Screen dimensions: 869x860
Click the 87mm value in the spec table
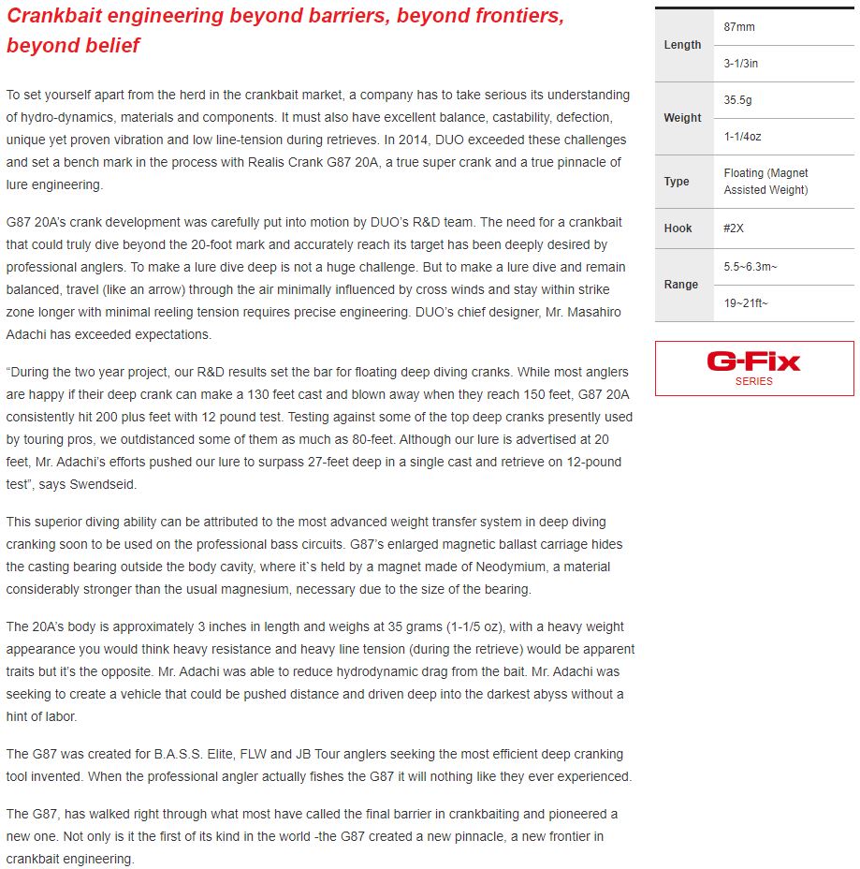point(739,27)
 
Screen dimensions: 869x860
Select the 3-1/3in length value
point(740,63)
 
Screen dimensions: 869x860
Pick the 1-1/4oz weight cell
point(742,136)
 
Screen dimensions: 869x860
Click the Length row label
point(682,45)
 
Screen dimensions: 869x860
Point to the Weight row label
point(682,118)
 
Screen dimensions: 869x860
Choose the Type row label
point(677,182)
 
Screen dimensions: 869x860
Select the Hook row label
point(678,228)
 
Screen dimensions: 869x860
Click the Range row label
point(681,285)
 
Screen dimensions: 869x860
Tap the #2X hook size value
point(735,228)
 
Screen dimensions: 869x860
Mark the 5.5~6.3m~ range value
point(751,267)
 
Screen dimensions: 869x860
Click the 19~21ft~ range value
point(746,302)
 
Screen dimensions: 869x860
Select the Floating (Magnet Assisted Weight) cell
point(765,182)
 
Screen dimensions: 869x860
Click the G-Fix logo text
point(753,361)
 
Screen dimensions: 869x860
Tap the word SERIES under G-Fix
point(753,381)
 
